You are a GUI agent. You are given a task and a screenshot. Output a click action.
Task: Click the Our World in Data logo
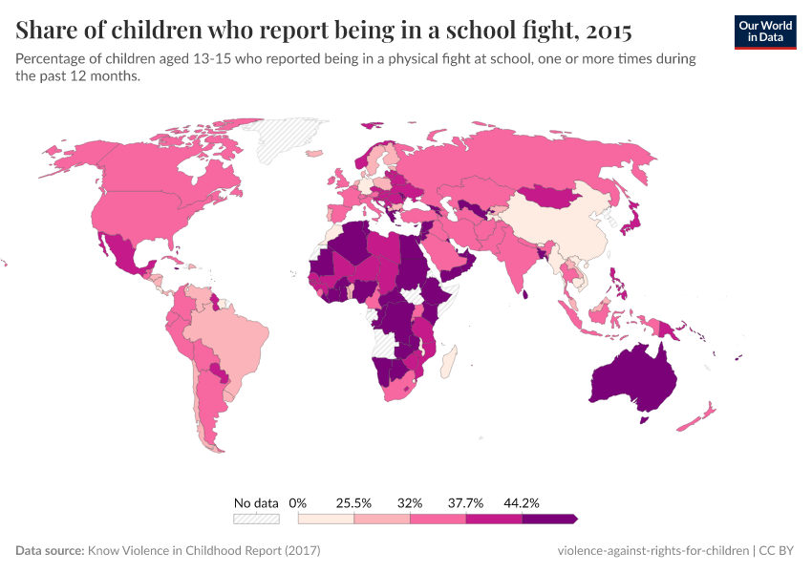pyautogui.click(x=764, y=32)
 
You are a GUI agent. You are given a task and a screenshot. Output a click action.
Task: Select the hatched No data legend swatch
pyautogui.click(x=256, y=519)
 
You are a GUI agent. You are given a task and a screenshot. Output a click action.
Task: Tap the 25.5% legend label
pyautogui.click(x=353, y=502)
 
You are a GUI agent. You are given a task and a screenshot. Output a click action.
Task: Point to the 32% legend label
pyautogui.click(x=410, y=502)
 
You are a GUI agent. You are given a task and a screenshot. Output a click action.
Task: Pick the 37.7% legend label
pyautogui.click(x=466, y=502)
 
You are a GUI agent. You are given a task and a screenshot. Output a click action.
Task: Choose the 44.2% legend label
pyautogui.click(x=523, y=502)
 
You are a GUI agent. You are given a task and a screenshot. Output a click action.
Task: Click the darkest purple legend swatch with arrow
pyautogui.click(x=549, y=519)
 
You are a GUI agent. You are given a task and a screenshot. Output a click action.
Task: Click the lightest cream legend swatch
pyautogui.click(x=326, y=519)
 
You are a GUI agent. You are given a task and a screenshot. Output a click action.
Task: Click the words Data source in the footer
pyautogui.click(x=50, y=551)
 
